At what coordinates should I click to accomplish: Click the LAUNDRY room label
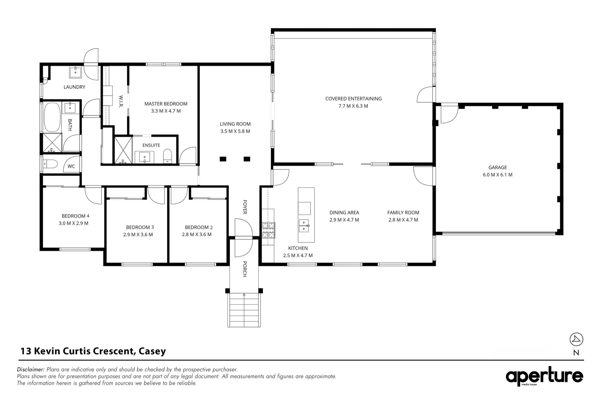pos(74,87)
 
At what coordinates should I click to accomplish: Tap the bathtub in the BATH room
pos(52,117)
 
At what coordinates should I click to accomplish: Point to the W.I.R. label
pos(121,102)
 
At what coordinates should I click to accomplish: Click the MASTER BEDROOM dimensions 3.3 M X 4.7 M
pos(166,111)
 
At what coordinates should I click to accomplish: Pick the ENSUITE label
pos(151,145)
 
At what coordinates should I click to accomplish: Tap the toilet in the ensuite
pos(167,157)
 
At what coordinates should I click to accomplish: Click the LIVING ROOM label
pos(235,124)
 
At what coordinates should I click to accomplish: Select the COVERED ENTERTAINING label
pos(353,99)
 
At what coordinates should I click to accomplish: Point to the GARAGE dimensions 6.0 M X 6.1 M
pos(497,175)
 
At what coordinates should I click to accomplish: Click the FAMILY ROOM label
pos(403,212)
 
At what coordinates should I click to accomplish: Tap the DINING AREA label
pos(344,212)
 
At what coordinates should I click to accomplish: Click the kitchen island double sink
pos(304,226)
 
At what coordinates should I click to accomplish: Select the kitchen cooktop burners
pos(268,230)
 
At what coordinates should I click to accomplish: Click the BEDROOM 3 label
pos(140,227)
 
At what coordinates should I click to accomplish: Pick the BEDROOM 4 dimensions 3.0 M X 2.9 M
pos(74,223)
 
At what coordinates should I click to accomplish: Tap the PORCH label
pos(245,269)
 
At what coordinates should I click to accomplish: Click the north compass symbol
pos(576,340)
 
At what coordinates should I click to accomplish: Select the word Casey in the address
pos(152,351)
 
